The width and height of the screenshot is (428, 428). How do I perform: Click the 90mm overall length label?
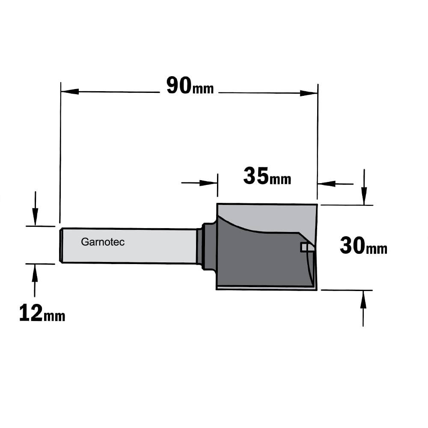click(190, 86)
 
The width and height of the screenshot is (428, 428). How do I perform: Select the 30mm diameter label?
click(363, 246)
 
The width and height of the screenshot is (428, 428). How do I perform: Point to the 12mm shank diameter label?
click(42, 313)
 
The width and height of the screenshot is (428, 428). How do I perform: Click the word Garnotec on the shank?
click(103, 242)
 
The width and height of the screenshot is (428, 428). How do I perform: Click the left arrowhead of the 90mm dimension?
click(70, 92)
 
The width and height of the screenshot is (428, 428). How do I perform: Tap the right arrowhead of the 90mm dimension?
click(309, 93)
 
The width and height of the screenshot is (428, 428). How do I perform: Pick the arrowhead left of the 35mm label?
click(208, 183)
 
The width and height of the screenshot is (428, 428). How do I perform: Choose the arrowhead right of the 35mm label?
click(327, 184)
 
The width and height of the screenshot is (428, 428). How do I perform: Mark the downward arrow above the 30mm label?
click(364, 187)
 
